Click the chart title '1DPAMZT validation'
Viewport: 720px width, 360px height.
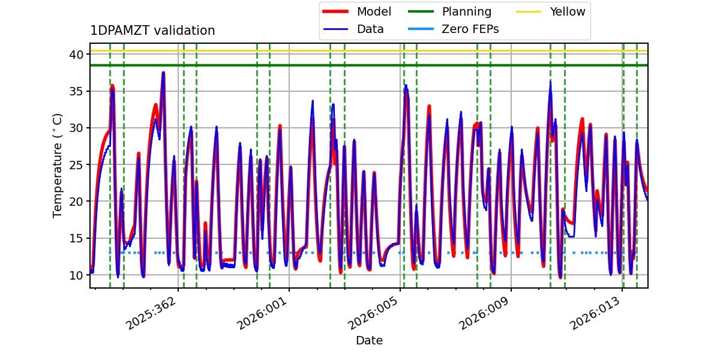152,31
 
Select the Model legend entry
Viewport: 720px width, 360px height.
357,11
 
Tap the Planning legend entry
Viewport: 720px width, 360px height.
449,11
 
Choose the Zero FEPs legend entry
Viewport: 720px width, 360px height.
453,29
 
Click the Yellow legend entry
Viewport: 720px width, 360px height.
551,11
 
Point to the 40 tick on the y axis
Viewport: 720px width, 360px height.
76,55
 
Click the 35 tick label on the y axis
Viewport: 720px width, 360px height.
76,92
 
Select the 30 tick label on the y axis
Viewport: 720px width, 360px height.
76,128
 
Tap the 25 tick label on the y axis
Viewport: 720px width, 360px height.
76,165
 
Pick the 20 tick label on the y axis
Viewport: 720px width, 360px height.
76,202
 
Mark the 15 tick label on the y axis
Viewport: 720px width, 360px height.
76,239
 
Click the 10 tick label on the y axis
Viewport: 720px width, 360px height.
76,275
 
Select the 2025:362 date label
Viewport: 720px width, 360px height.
151,313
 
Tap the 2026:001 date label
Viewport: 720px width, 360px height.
262,313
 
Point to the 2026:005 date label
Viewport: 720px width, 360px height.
373,313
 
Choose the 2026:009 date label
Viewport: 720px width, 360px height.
484,313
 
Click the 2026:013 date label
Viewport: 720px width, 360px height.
595,313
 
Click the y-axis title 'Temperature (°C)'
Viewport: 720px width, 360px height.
57,166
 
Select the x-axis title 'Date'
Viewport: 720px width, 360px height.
369,340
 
